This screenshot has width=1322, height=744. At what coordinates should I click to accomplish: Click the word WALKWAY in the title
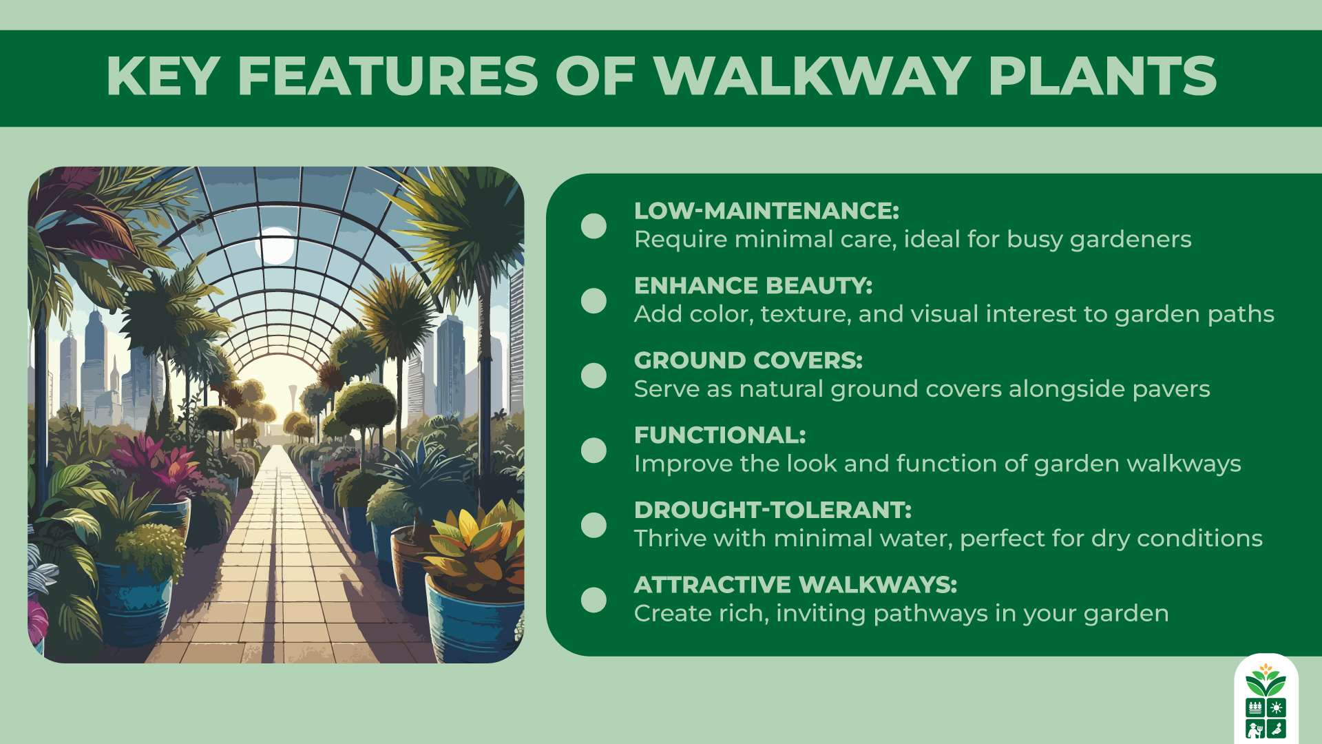(812, 76)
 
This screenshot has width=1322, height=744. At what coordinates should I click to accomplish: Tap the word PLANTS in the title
(1102, 76)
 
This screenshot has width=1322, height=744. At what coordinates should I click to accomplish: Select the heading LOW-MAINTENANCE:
(766, 211)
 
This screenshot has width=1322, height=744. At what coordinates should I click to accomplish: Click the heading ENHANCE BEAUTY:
(753, 285)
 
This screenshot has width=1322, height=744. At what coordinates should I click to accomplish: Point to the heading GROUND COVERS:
(748, 360)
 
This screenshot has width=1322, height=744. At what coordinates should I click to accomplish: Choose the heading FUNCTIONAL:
(720, 435)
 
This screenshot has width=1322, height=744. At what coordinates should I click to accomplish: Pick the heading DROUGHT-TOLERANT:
(773, 510)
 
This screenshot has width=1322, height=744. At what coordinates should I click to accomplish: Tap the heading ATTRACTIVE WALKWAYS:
(795, 585)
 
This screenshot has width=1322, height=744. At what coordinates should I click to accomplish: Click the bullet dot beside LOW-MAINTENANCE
(594, 226)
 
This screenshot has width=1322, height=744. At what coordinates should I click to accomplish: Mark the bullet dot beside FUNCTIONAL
(594, 451)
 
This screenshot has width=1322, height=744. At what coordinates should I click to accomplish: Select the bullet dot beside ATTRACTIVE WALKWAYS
(594, 600)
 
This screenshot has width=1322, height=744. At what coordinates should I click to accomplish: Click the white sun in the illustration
(277, 246)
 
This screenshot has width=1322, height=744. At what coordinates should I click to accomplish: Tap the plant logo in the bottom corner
(1266, 700)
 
